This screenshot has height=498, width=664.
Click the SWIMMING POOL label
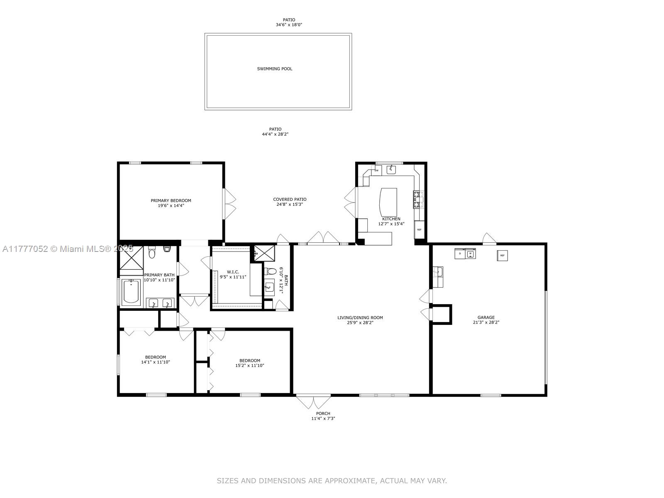tap(274, 69)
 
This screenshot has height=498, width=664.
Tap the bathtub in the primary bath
tap(132, 292)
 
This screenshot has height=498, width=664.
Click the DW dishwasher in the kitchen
tap(376, 170)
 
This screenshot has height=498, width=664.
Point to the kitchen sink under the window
tap(391, 169)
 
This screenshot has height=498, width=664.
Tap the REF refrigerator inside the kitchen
tap(419, 230)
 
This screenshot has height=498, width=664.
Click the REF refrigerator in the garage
tap(502, 256)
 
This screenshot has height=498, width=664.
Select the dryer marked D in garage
tap(460, 254)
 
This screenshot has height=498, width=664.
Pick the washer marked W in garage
tap(470, 254)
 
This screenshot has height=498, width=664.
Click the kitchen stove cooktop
tap(417, 199)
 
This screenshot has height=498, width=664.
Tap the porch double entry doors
tap(313, 402)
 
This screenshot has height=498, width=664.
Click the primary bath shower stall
tap(131, 258)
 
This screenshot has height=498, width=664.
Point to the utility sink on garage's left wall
tap(438, 272)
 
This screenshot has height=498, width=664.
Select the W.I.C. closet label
tap(233, 272)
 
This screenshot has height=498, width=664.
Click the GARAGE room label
tap(486, 317)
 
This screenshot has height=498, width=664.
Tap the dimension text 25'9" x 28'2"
tap(360, 322)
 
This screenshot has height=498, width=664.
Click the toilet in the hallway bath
tap(271, 272)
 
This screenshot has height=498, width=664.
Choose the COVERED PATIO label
tap(290, 199)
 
